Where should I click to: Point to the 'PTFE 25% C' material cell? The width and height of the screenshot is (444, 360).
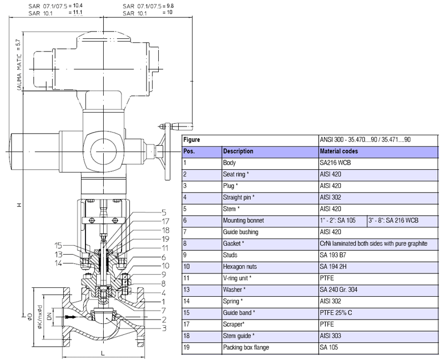pyautogui.click(x=336, y=312)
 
